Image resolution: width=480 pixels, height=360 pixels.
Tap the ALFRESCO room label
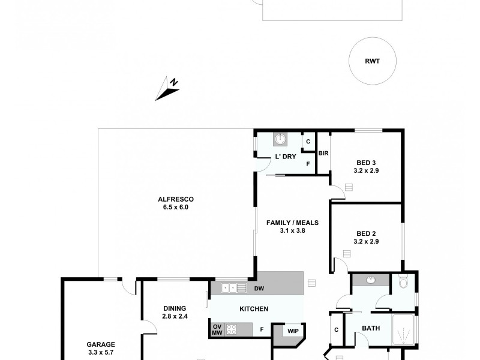pos(176,199)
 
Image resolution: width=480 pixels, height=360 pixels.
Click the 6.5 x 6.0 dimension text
pos(176,208)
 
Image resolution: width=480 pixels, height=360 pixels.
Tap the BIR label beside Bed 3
pos(323,154)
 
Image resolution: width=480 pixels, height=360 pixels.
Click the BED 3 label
pos(366,163)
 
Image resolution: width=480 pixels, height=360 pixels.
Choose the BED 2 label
pos(366,233)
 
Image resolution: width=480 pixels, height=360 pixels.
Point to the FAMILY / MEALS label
pos(292,223)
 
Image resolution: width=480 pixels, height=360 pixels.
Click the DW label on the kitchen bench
pos(259,289)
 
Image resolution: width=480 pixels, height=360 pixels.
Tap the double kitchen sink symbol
pos(234,288)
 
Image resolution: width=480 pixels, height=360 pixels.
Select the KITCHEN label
pos(253,309)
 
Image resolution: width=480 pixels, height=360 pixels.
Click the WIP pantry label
pos(293,331)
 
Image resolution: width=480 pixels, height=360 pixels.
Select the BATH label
pos(370,328)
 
